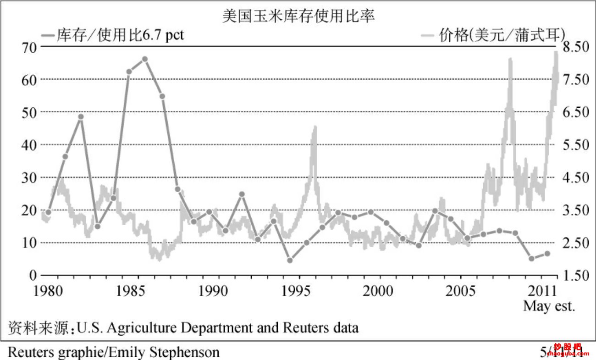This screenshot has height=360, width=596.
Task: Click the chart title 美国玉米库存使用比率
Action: click(x=298, y=16)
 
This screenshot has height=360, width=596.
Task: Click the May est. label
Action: click(x=549, y=306)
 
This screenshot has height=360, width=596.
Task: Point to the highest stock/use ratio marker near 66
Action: click(x=145, y=59)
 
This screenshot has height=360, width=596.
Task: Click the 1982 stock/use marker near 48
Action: click(x=81, y=116)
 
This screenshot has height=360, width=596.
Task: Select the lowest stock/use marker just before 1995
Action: click(x=290, y=260)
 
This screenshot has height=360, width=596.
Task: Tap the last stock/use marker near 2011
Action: click(x=547, y=254)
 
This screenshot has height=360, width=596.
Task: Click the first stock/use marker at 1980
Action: click(x=48, y=212)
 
